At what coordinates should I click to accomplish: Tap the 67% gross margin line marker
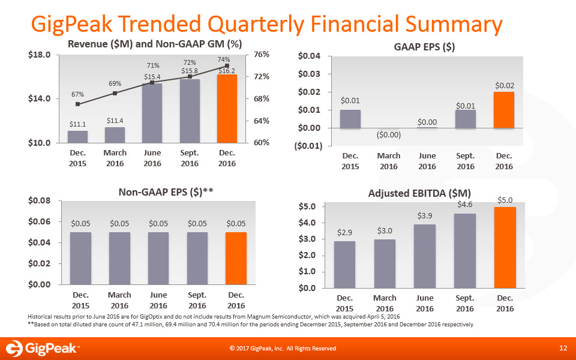tap(78, 104)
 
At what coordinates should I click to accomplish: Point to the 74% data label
tap(224, 59)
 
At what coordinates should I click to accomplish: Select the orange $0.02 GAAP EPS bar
tap(503, 110)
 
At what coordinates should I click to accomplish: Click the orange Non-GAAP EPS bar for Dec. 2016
tap(236, 258)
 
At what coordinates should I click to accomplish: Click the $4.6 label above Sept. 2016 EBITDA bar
tap(464, 205)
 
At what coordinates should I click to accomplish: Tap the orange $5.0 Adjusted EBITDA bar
tap(505, 247)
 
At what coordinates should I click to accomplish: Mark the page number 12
tap(562, 348)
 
